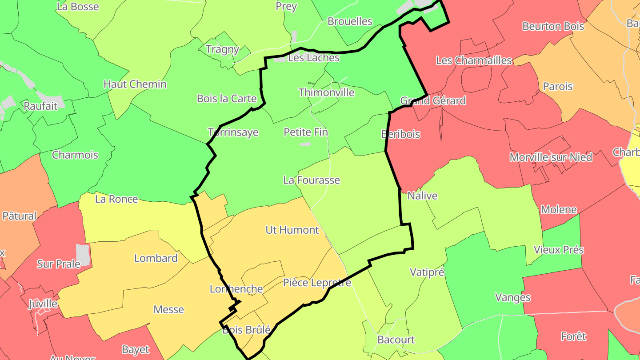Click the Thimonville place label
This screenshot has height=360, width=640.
pos(326,92)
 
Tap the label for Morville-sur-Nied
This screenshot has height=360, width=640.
pos(551,157)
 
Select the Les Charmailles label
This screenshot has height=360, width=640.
pos(474,60)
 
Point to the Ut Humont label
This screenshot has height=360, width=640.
pos(292,230)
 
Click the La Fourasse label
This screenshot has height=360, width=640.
pos(312,180)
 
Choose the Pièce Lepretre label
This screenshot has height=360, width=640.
pos(317,283)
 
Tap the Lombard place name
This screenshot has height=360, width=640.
pos(156,258)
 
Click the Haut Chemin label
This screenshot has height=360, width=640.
pos(135,84)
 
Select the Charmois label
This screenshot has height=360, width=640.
pos(75,155)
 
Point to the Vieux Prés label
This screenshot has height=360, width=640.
pos(559,250)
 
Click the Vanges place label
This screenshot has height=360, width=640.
pos(512,297)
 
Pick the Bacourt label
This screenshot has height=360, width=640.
pos(396,340)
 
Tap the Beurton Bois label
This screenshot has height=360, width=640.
pos(553,26)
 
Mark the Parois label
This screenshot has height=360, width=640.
pos(558,86)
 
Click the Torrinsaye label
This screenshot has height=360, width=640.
pos(233,132)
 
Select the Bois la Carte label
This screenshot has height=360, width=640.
pos(227,98)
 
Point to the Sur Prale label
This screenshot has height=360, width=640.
pos(58,264)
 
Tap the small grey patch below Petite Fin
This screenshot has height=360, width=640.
pos(305,144)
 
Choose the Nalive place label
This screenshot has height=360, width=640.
pos(422,196)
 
